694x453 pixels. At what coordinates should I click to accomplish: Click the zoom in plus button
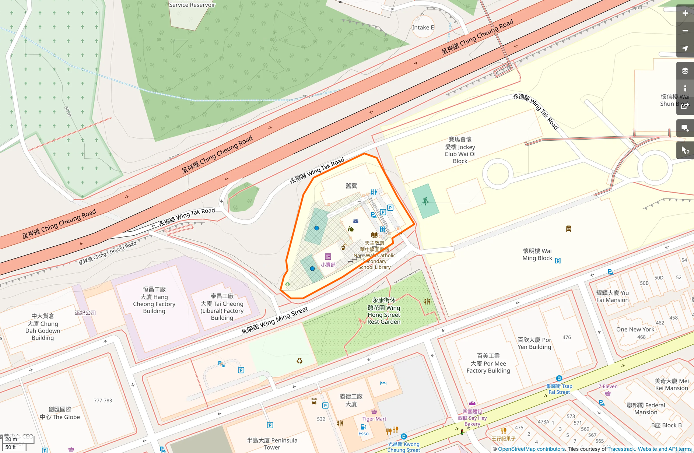click(x=685, y=13)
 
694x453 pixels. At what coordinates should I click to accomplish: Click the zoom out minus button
click(x=685, y=31)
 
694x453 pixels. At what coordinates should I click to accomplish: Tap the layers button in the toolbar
click(x=685, y=71)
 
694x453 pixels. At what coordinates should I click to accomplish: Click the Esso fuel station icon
click(x=363, y=427)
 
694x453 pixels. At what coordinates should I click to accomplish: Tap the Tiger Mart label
click(x=374, y=419)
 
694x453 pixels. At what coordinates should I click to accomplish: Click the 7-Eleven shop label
click(x=608, y=386)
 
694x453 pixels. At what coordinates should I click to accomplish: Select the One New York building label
click(x=635, y=330)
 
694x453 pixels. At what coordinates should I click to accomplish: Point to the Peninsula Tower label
click(x=272, y=444)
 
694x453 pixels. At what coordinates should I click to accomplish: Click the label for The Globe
click(x=60, y=413)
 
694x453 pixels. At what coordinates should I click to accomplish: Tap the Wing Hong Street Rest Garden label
click(x=384, y=311)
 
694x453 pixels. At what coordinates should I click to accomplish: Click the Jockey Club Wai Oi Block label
click(x=460, y=150)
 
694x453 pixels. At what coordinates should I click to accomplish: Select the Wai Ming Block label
click(x=537, y=254)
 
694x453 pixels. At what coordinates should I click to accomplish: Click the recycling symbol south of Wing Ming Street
click(x=299, y=361)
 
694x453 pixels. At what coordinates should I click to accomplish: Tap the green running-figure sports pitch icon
click(x=425, y=201)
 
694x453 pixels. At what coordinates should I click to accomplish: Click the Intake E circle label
click(x=423, y=28)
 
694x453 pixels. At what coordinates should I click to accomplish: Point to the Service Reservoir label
click(x=192, y=5)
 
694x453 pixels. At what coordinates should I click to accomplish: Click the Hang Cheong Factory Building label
click(x=154, y=300)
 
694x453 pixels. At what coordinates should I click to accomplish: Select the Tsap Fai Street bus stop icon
click(x=559, y=378)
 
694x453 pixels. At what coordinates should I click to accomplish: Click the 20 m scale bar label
click(x=11, y=439)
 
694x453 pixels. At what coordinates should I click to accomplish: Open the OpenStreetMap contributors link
click(x=531, y=449)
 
